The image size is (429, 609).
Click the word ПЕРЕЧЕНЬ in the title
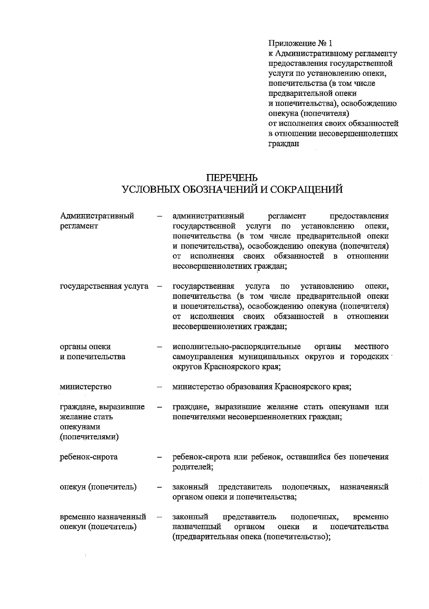tap(232, 178)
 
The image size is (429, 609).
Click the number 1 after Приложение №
tap(330, 44)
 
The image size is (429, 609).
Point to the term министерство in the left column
tap(85, 387)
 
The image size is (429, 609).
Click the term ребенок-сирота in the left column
tap(89, 457)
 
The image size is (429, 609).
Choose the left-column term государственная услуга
tap(104, 286)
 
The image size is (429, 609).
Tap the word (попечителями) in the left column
tap(89, 437)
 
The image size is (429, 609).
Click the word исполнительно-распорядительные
tap(236, 347)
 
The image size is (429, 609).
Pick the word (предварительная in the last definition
tap(204, 537)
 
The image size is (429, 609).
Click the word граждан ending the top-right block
tap(283, 144)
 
